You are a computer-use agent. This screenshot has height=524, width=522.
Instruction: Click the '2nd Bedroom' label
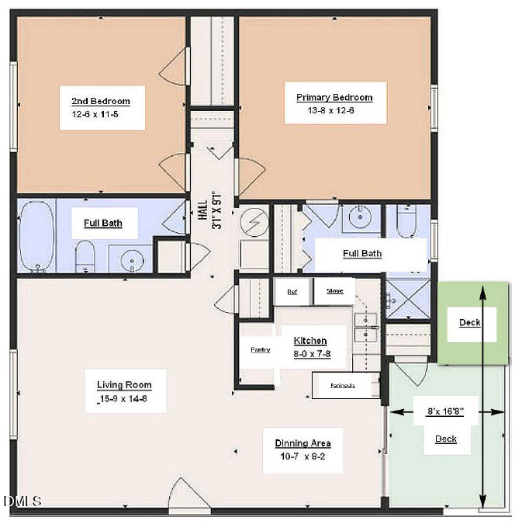101,101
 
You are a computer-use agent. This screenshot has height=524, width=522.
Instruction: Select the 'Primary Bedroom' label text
334,98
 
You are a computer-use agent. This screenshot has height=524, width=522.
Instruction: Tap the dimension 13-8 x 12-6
334,111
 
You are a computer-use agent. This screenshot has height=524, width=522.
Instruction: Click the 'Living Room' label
124,385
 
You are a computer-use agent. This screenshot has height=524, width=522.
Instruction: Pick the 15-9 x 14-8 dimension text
124,399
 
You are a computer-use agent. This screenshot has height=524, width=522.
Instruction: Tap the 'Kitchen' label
310,341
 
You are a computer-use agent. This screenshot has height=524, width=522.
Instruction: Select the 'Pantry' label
261,349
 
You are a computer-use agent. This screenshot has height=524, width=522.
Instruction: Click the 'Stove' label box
334,292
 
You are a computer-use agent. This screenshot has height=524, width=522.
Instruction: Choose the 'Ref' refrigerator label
292,292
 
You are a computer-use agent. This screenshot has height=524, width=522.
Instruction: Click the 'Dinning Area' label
302,443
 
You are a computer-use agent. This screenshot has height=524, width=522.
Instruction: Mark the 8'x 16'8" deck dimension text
446,413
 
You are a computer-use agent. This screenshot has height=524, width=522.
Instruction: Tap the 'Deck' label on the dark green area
469,323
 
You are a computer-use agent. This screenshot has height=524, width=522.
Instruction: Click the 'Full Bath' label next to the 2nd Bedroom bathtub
102,223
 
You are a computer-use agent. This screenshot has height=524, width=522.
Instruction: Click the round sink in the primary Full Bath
361,218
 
